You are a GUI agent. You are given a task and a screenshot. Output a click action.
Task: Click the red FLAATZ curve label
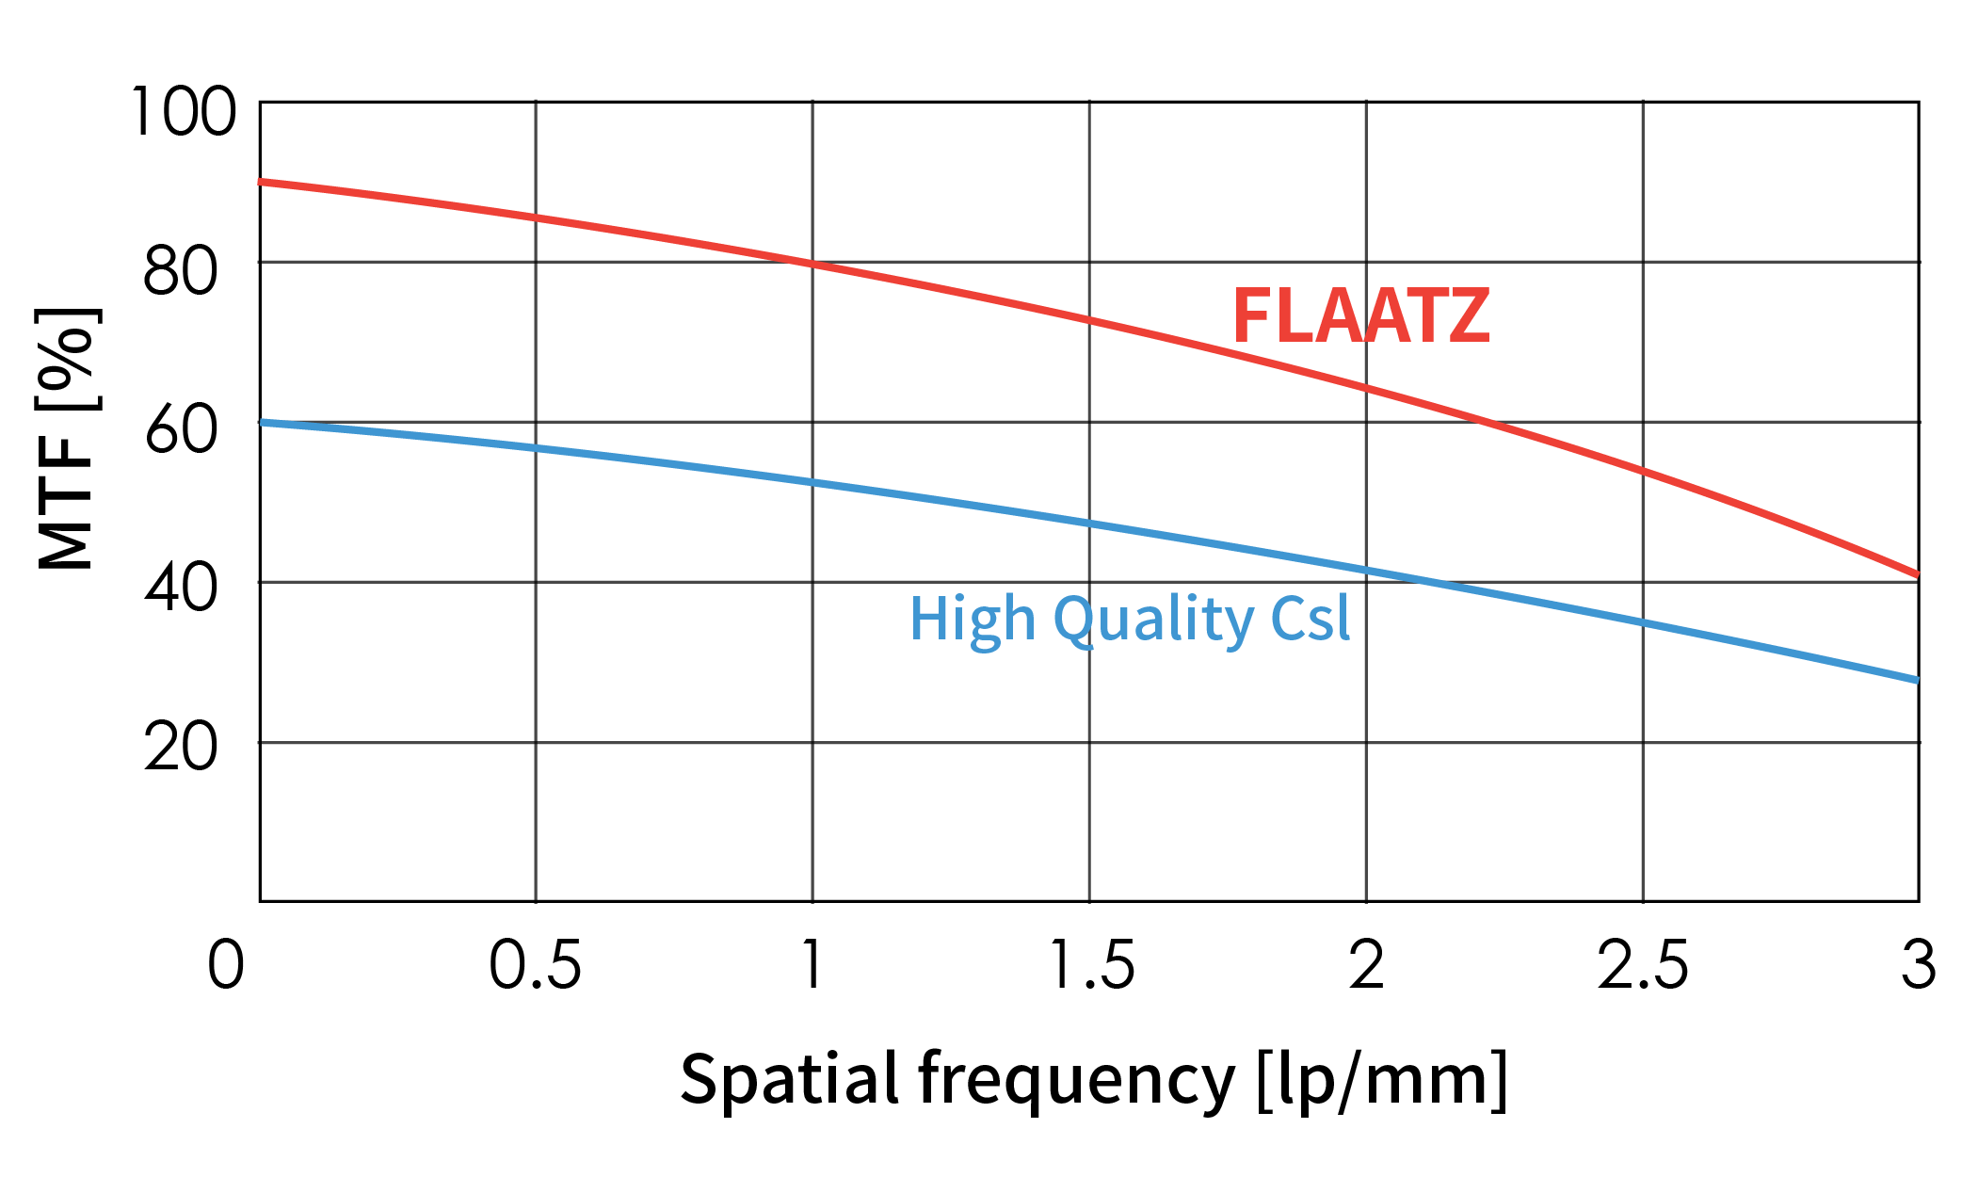[1360, 316]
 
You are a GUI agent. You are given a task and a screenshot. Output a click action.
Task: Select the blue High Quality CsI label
[1129, 619]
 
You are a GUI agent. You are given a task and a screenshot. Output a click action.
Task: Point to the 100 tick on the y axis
[183, 112]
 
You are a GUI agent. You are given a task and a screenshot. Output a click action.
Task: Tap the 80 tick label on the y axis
[181, 272]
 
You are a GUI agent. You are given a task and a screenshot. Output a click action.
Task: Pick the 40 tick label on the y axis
[181, 590]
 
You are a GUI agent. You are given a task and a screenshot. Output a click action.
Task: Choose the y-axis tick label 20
[181, 750]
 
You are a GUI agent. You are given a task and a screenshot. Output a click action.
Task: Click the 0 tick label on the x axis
[226, 965]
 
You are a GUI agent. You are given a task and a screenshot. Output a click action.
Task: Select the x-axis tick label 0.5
[534, 965]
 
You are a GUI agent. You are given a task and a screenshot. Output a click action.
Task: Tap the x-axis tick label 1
[812, 965]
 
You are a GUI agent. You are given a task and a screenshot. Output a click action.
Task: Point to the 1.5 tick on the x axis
[1090, 965]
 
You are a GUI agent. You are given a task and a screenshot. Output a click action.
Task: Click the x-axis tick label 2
[1366, 965]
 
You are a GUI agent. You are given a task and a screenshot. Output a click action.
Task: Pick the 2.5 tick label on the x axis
[1643, 965]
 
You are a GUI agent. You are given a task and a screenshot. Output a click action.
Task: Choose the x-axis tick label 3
[1918, 965]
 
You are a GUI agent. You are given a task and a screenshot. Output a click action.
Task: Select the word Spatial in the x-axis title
[789, 1079]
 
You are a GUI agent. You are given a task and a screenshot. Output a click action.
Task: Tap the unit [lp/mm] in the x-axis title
[1381, 1079]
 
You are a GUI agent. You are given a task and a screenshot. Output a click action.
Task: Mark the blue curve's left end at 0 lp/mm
[262, 422]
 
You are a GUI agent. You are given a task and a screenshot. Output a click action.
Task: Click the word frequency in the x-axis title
[1076, 1079]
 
